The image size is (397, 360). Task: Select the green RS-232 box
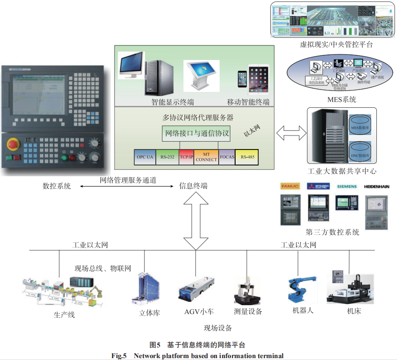167,157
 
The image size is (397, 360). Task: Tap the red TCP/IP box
186,157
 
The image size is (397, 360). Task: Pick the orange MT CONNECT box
206,157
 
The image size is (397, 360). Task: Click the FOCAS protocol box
227,157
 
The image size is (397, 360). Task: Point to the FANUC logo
290,187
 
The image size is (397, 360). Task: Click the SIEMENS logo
346,187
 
